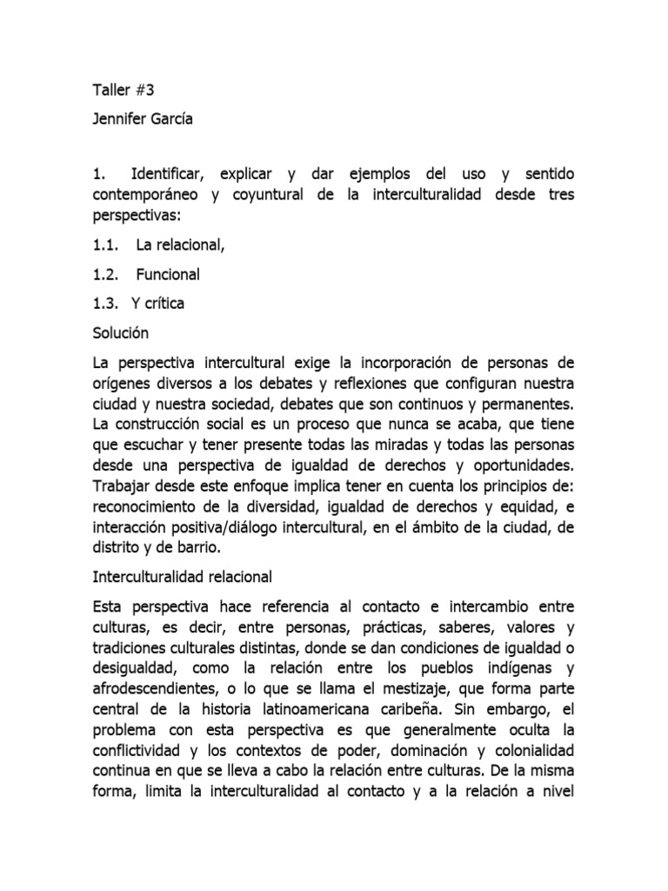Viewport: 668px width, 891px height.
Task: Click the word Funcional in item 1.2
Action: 168,274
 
